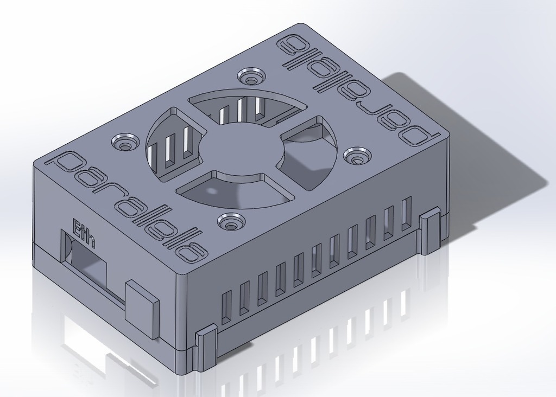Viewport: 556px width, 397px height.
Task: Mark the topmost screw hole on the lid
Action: [x=250, y=76]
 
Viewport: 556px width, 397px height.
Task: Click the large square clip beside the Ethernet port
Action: [x=141, y=308]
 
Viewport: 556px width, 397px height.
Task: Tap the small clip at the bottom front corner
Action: [x=206, y=347]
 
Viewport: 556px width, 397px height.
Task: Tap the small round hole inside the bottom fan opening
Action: [x=210, y=191]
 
